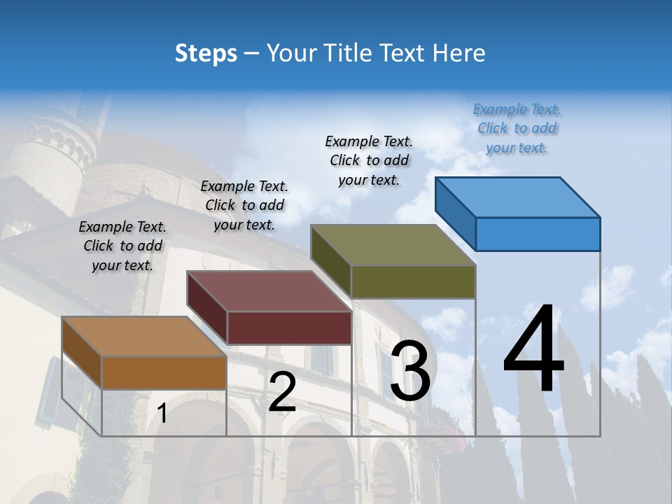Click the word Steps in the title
click(206, 53)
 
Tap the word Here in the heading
click(459, 53)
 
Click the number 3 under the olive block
click(410, 371)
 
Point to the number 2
click(282, 392)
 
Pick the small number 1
click(162, 414)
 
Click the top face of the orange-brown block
click(144, 337)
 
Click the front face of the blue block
click(538, 234)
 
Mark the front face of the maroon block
click(289, 328)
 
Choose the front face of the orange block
click(164, 373)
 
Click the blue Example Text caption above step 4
click(517, 129)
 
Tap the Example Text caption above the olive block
click(369, 160)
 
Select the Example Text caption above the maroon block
click(244, 205)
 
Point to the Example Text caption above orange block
click(122, 246)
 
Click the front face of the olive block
click(413, 281)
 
